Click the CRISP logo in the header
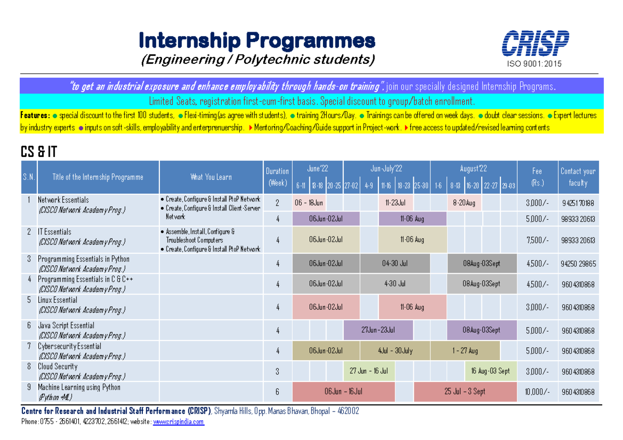pyautogui.click(x=535, y=43)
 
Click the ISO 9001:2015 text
pyautogui.click(x=535, y=64)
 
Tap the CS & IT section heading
pyautogui.click(x=39, y=152)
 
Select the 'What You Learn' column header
pyautogui.click(x=211, y=177)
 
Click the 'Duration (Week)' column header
pyautogui.click(x=277, y=177)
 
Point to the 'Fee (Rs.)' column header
pyautogui.click(x=537, y=177)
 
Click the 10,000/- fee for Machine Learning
pyautogui.click(x=537, y=392)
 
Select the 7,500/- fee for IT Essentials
pyautogui.click(x=537, y=239)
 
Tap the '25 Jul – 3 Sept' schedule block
pyautogui.click(x=465, y=391)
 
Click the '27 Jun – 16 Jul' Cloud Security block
pyautogui.click(x=369, y=371)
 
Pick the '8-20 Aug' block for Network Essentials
pyautogui.click(x=464, y=202)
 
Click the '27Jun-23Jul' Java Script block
pyautogui.click(x=378, y=330)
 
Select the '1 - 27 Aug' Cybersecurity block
pyautogui.click(x=465, y=351)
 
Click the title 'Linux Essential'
pyautogui.click(x=58, y=300)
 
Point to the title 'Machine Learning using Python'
pyautogui.click(x=79, y=387)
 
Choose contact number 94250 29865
pyautogui.click(x=578, y=264)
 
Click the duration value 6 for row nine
pyautogui.click(x=277, y=392)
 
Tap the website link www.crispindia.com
pyautogui.click(x=178, y=422)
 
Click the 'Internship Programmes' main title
pyautogui.click(x=257, y=40)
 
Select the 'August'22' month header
pyautogui.click(x=473, y=168)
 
